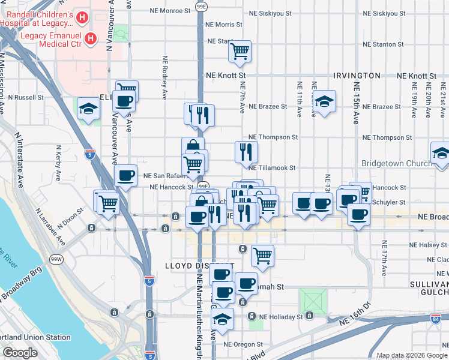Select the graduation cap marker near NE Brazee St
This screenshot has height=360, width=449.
324,101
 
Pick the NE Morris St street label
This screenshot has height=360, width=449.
223,25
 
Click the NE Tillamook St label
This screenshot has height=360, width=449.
273,169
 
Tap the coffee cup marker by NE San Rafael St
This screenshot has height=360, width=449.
125,176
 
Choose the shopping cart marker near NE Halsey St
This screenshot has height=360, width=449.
262,256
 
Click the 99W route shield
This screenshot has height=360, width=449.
56,259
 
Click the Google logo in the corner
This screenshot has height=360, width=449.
20,353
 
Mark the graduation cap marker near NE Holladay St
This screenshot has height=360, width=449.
223,320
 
